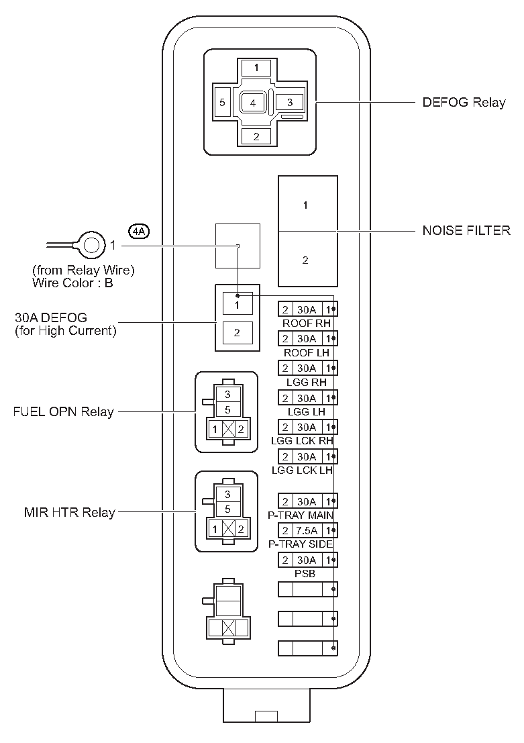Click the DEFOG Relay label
(463, 103)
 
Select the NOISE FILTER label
(466, 231)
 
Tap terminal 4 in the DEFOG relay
(253, 103)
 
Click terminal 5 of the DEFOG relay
(222, 103)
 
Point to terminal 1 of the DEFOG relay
(257, 68)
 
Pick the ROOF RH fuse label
(307, 323)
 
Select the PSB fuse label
(307, 575)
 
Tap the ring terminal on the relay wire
(90, 244)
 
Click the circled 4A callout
(139, 232)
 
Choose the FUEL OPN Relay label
(64, 411)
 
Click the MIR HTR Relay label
(69, 513)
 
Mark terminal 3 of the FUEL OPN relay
(227, 395)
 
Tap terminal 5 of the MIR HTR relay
(227, 509)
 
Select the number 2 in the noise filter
(305, 260)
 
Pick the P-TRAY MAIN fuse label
(307, 515)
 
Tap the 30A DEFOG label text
(51, 317)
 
